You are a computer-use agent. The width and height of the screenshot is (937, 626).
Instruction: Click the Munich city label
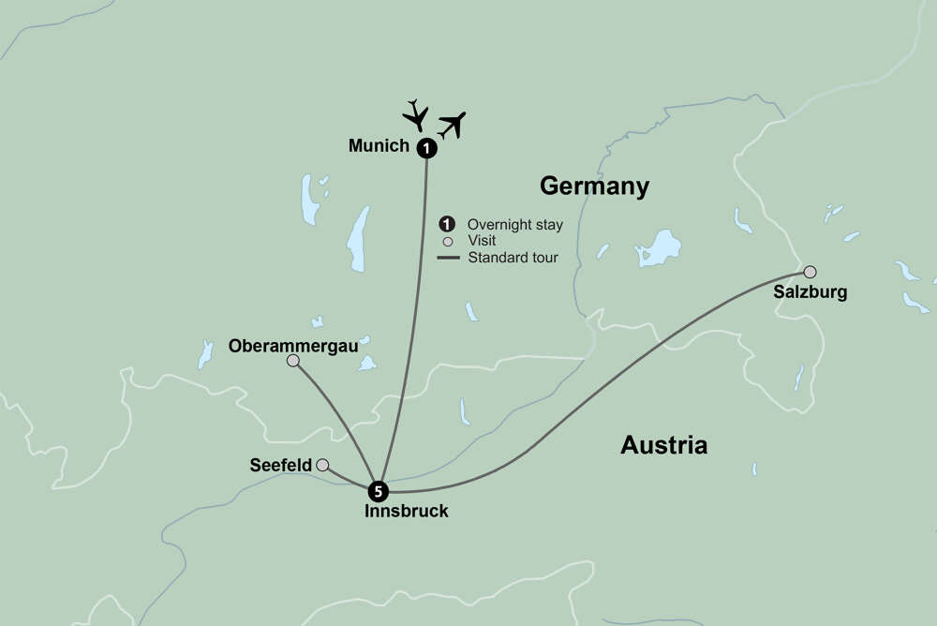tap(379, 146)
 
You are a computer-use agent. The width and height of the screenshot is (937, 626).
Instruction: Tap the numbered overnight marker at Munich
tap(426, 147)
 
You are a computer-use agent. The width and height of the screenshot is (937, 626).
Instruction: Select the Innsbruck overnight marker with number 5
tap(377, 490)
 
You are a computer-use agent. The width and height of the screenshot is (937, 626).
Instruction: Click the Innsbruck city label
tap(406, 512)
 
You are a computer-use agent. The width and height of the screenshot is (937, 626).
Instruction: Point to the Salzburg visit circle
tap(810, 272)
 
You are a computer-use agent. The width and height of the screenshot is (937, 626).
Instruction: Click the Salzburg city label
tap(810, 292)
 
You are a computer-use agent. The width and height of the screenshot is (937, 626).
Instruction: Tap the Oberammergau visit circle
tap(293, 361)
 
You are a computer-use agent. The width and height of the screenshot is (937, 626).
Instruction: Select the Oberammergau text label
tap(293, 345)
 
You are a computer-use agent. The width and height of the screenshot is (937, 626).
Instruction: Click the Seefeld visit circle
tap(322, 465)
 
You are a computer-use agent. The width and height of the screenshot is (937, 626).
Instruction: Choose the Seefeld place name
tap(280, 466)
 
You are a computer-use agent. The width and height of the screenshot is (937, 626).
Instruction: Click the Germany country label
tap(594, 186)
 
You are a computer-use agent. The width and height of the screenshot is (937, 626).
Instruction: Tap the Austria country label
tap(663, 445)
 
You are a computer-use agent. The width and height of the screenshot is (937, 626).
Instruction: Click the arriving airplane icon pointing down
tap(415, 114)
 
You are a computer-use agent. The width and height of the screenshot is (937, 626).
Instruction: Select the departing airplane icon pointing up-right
tap(452, 125)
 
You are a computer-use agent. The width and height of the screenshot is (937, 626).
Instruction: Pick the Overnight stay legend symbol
tap(447, 224)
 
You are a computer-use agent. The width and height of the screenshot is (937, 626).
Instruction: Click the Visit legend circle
tap(447, 241)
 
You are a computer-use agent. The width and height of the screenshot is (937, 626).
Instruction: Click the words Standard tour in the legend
tap(512, 258)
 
